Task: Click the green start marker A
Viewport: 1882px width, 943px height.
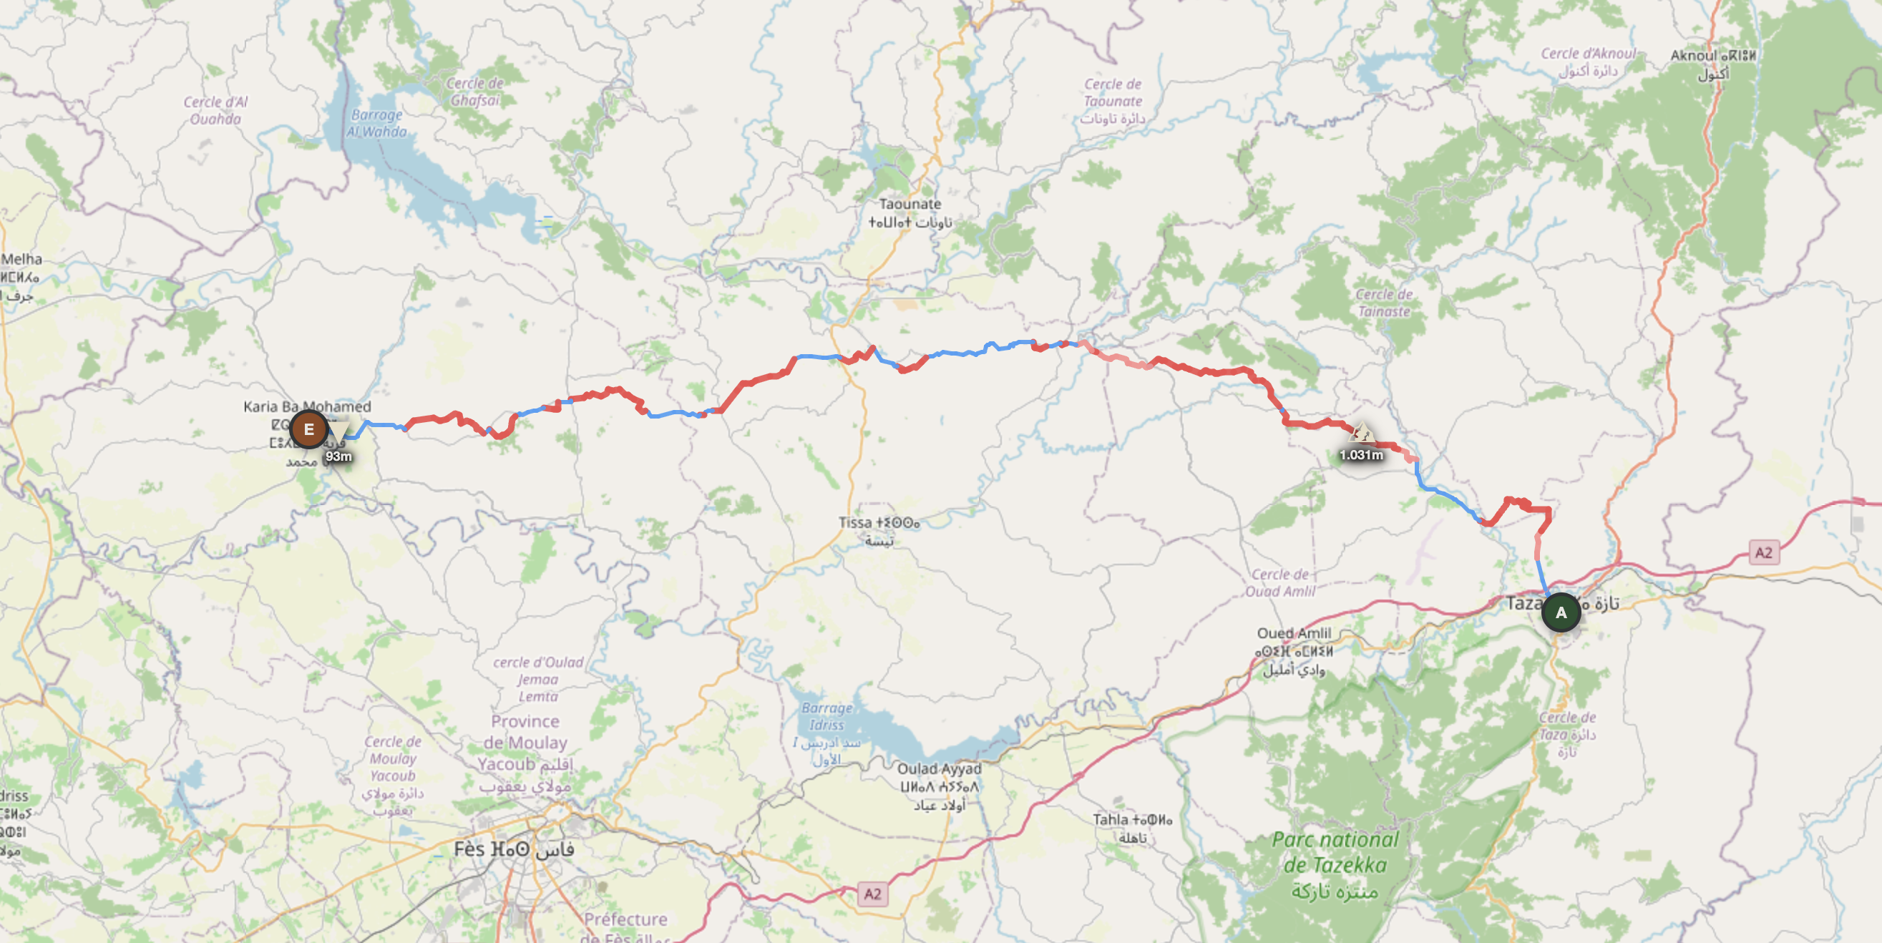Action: pyautogui.click(x=1561, y=613)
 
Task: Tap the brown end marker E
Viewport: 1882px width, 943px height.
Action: pyautogui.click(x=308, y=429)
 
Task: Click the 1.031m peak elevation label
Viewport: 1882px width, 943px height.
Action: pyautogui.click(x=1360, y=454)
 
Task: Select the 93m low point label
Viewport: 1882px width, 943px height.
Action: pyautogui.click(x=338, y=456)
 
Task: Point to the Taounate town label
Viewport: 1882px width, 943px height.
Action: pyautogui.click(x=910, y=205)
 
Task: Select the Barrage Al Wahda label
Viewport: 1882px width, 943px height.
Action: pyautogui.click(x=376, y=124)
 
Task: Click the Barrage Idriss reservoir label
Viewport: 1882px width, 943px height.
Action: pyautogui.click(x=827, y=717)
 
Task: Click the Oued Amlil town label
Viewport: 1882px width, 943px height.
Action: pyautogui.click(x=1293, y=633)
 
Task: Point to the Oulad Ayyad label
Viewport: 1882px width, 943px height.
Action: pyautogui.click(x=939, y=769)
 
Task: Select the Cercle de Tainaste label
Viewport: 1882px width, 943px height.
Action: pyautogui.click(x=1384, y=303)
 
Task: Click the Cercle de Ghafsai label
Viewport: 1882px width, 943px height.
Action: pyautogui.click(x=474, y=92)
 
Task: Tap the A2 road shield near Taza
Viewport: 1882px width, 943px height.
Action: pyautogui.click(x=1763, y=553)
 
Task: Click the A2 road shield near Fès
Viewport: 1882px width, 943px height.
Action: pyautogui.click(x=872, y=894)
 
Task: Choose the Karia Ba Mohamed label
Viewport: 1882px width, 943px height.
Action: pyautogui.click(x=307, y=407)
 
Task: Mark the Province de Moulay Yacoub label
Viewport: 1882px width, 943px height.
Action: pyautogui.click(x=525, y=743)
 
